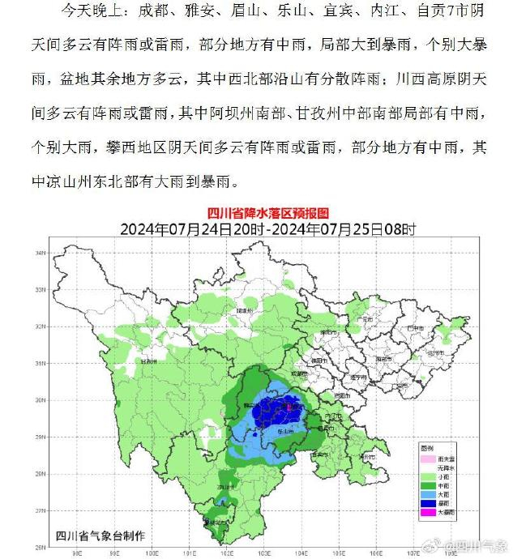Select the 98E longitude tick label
tap(77, 554)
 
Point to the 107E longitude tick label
tap(414, 554)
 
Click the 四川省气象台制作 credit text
tap(99, 536)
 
